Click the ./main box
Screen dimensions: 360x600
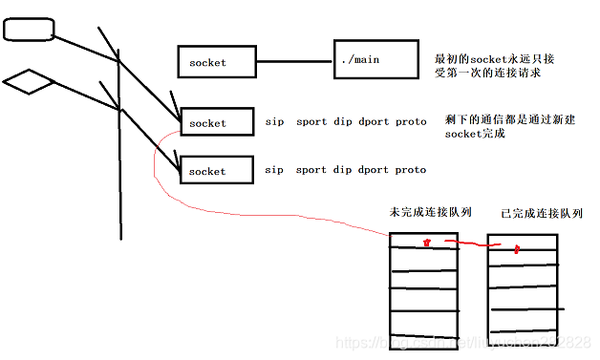(375, 62)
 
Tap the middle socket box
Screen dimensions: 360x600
(217, 123)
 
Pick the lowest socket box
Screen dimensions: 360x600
(217, 171)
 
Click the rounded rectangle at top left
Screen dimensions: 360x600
(28, 31)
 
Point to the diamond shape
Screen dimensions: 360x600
(28, 82)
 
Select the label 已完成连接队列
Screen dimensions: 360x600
(541, 214)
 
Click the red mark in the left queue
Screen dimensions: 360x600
(427, 245)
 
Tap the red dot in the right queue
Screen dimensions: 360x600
(517, 250)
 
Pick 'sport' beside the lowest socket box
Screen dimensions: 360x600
(311, 170)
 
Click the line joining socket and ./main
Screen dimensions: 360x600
(294, 63)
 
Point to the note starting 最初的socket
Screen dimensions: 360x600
(494, 65)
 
